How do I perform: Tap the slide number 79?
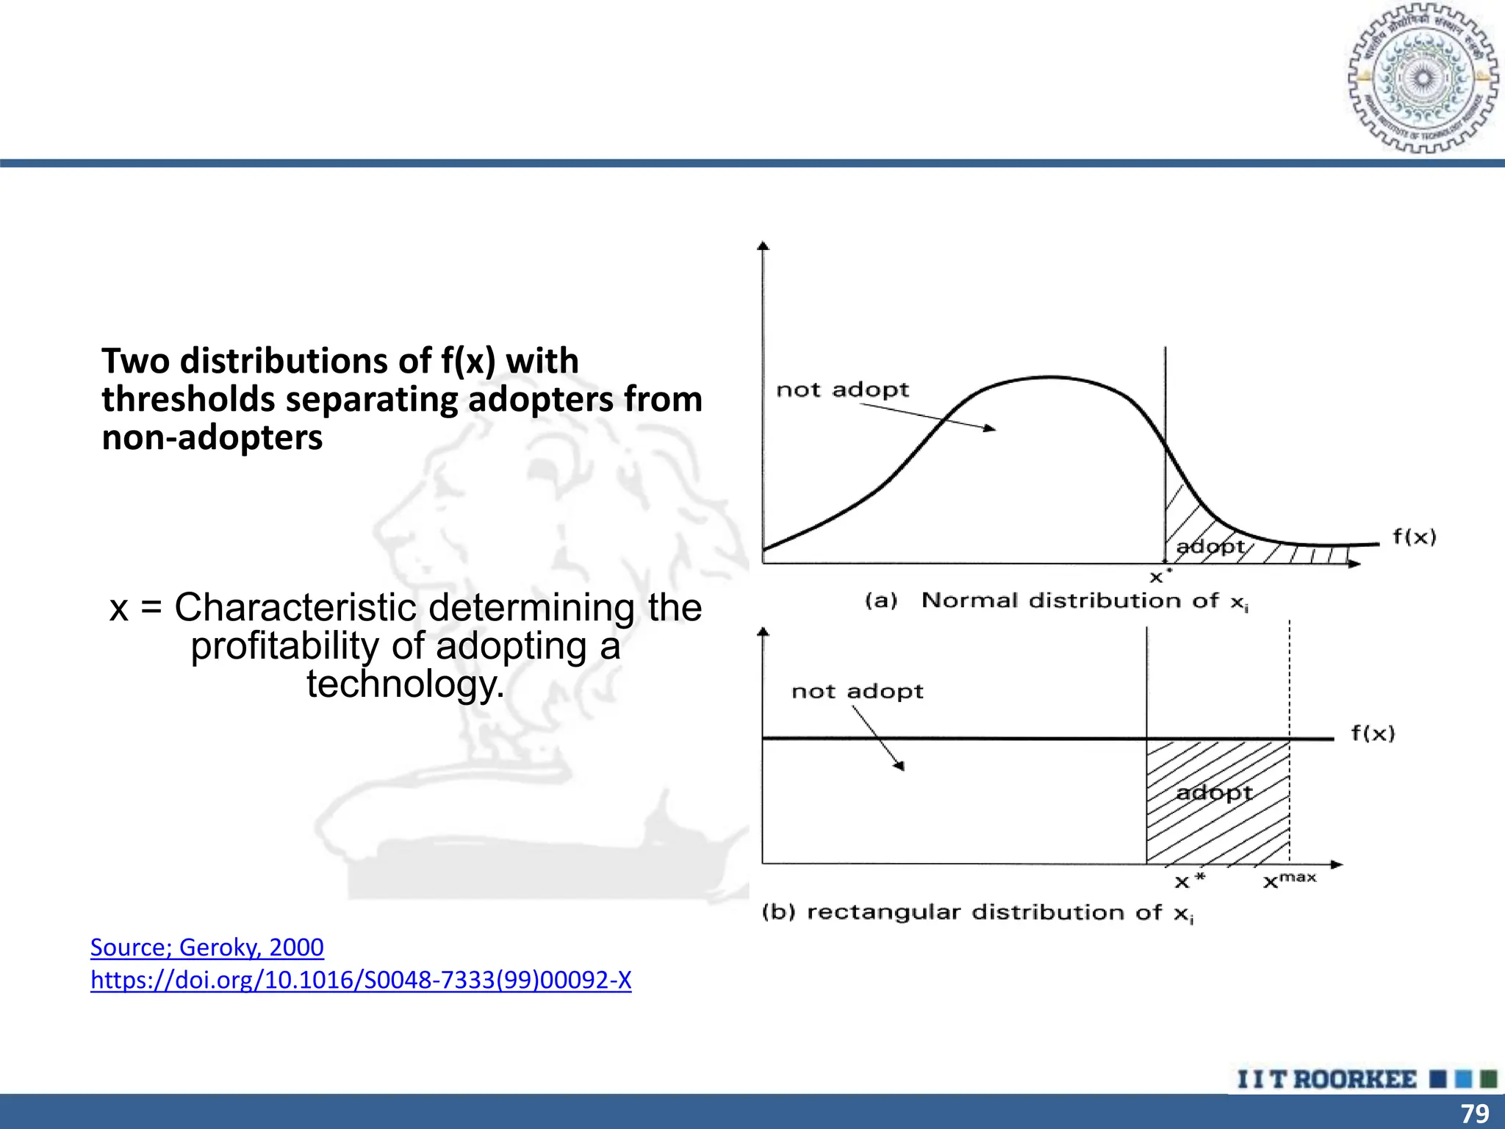[1474, 1113]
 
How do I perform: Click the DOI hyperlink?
[360, 980]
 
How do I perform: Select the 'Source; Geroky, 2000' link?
[206, 947]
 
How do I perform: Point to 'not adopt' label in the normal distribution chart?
[842, 390]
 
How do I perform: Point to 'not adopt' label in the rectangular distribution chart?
[857, 691]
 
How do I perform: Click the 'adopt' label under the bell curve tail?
[1210, 547]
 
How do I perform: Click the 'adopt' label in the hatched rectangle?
[1214, 792]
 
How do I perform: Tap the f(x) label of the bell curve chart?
[1414, 537]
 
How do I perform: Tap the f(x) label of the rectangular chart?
[1373, 733]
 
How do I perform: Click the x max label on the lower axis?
[1289, 880]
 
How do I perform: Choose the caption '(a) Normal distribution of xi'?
[1057, 601]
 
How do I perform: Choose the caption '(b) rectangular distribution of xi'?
[977, 913]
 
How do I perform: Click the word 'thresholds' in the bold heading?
[188, 400]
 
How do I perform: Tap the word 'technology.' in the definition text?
[406, 684]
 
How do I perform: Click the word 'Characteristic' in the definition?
[295, 608]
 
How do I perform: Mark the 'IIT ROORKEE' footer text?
[1326, 1079]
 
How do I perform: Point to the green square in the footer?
[1488, 1079]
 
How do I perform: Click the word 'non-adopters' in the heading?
[212, 438]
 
